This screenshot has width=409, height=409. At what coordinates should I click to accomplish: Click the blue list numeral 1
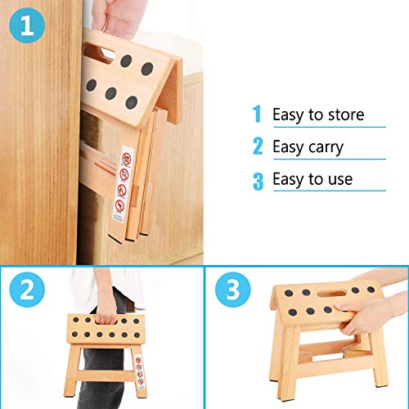258,114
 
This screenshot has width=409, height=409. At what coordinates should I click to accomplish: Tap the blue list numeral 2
258,147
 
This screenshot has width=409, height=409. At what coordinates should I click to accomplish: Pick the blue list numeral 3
258,180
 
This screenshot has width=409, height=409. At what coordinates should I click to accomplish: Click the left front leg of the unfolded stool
278,360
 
